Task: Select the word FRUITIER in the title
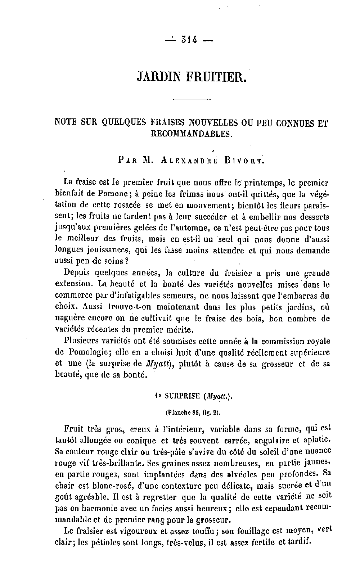click(217, 77)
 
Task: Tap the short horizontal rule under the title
click(192, 99)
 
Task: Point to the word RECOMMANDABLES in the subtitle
click(192, 134)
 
